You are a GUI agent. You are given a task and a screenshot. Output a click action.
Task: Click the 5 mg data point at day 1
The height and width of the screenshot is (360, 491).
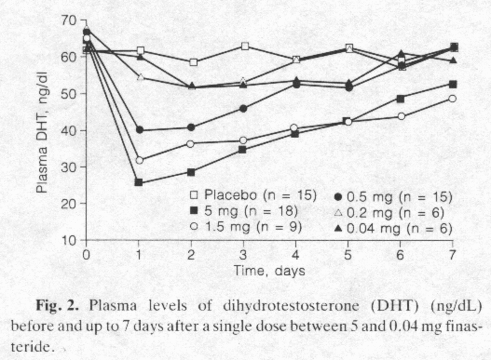click(139, 182)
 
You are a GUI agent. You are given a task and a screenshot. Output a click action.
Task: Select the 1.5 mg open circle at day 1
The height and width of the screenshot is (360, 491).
click(139, 160)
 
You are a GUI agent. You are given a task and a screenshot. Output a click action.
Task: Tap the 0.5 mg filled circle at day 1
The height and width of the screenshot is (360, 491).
click(139, 130)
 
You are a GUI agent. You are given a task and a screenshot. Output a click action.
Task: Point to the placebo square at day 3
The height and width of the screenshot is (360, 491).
click(244, 46)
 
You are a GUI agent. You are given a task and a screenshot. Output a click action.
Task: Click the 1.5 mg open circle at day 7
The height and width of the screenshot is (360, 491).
click(452, 98)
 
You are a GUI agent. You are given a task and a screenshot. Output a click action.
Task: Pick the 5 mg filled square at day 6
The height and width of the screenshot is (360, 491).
click(400, 98)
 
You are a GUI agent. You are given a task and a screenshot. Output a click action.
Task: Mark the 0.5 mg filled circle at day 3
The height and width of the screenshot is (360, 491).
click(244, 109)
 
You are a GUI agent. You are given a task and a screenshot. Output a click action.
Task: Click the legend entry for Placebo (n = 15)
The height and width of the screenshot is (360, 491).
click(252, 196)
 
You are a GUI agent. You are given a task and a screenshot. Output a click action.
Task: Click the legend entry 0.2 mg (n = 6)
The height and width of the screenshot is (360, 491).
click(393, 212)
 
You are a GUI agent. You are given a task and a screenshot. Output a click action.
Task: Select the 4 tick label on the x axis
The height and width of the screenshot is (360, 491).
click(296, 253)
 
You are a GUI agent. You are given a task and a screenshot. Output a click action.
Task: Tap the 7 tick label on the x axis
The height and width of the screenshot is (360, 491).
click(453, 253)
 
